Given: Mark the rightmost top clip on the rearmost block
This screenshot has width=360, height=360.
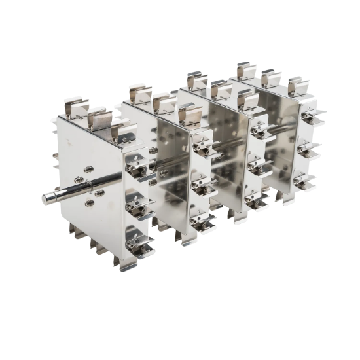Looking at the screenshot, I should (289, 86).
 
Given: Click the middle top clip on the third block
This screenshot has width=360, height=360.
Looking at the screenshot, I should (219, 88).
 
